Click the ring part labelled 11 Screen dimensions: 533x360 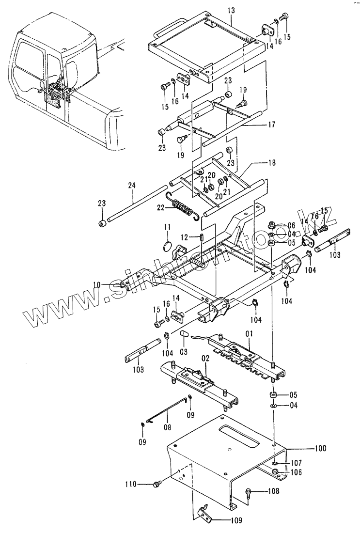click(167, 245)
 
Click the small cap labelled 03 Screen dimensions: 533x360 click(184, 335)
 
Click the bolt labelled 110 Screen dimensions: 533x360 click(157, 484)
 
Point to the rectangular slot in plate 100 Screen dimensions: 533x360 click(240, 434)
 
